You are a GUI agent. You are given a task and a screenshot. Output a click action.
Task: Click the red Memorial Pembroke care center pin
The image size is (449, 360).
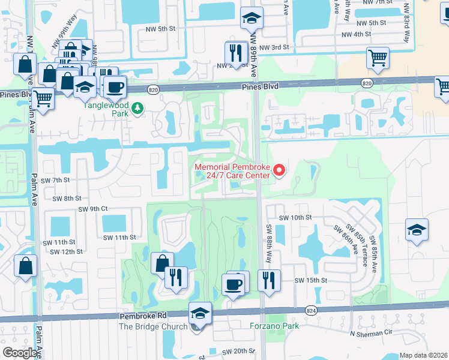pyautogui.click(x=279, y=172)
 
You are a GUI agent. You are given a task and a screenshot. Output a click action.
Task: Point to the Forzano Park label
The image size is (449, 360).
pyautogui.click(x=274, y=326)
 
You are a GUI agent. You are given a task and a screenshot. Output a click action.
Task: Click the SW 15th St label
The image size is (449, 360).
pyautogui.click(x=310, y=280)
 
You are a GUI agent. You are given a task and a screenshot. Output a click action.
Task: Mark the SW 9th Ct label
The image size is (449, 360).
pyautogui.click(x=93, y=208)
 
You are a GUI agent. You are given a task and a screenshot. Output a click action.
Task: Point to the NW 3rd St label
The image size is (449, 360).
pyautogui.click(x=274, y=47)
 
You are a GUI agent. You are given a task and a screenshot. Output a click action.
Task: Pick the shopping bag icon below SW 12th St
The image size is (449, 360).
pyautogui.click(x=25, y=266)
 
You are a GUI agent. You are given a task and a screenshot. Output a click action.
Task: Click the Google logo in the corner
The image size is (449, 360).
pyautogui.click(x=20, y=353)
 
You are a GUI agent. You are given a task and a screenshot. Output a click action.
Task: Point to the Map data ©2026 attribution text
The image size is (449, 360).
pyautogui.click(x=423, y=355)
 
